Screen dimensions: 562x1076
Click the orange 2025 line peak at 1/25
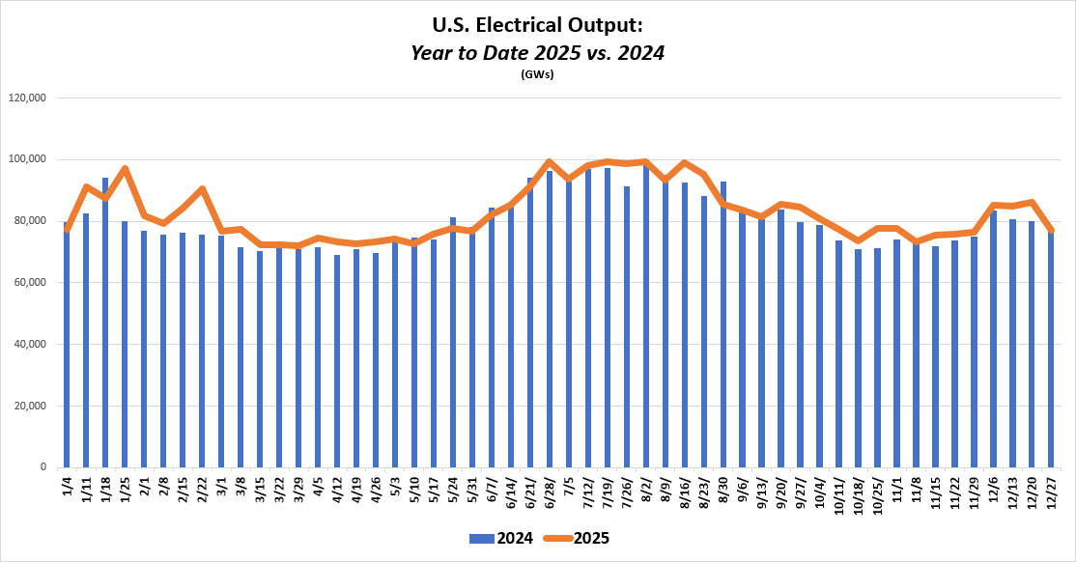pyautogui.click(x=125, y=169)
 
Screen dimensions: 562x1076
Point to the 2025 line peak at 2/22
pyautogui.click(x=202, y=188)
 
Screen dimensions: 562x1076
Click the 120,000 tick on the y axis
pyautogui.click(x=29, y=98)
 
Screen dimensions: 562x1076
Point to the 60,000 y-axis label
pyautogui.click(x=32, y=282)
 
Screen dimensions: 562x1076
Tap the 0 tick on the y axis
pyautogui.click(x=43, y=467)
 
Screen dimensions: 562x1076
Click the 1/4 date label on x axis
pyautogui.click(x=67, y=486)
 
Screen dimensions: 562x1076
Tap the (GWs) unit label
pyautogui.click(x=537, y=74)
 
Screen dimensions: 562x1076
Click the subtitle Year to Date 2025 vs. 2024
pyautogui.click(x=538, y=53)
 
